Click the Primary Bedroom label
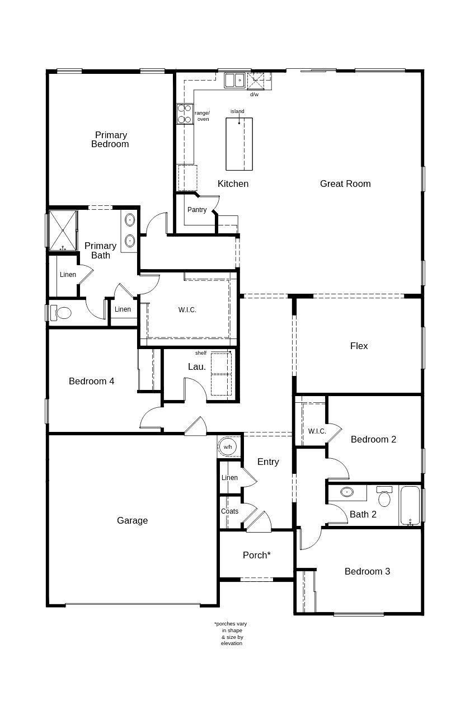[x=110, y=139]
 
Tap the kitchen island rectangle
[x=239, y=144]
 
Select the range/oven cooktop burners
[x=185, y=114]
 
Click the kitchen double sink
[x=234, y=80]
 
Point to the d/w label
[x=254, y=95]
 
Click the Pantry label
[x=197, y=210]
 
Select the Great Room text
[x=345, y=184]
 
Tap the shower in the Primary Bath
[x=63, y=231]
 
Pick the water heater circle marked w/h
[x=228, y=446]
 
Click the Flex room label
[x=359, y=346]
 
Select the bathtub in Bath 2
[x=410, y=505]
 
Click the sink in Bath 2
[x=347, y=492]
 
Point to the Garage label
[x=133, y=520]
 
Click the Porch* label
[x=257, y=555]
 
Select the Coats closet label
[x=229, y=511]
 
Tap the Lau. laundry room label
[x=196, y=366]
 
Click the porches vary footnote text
[x=231, y=633]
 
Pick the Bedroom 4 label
[x=91, y=381]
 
